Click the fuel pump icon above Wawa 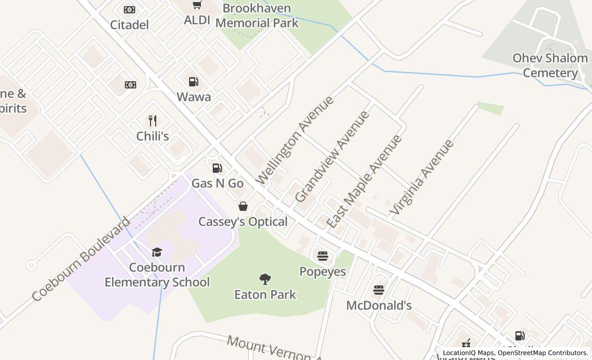tap(194, 82)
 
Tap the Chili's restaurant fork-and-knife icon tap(152, 121)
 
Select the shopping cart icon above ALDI tap(197, 5)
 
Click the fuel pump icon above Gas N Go tap(217, 168)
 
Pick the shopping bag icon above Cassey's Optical tap(243, 206)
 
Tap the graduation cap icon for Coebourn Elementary tap(157, 252)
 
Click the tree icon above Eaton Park tap(265, 279)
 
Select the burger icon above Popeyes tap(322, 256)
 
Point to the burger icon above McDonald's tap(379, 290)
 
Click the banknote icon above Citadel tap(129, 10)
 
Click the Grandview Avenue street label tap(332, 156)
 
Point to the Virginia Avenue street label tap(422, 177)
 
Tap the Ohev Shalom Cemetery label tap(550, 65)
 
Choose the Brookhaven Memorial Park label tap(257, 15)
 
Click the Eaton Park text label tap(265, 295)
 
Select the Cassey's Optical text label tap(243, 222)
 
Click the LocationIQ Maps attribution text tap(468, 353)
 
